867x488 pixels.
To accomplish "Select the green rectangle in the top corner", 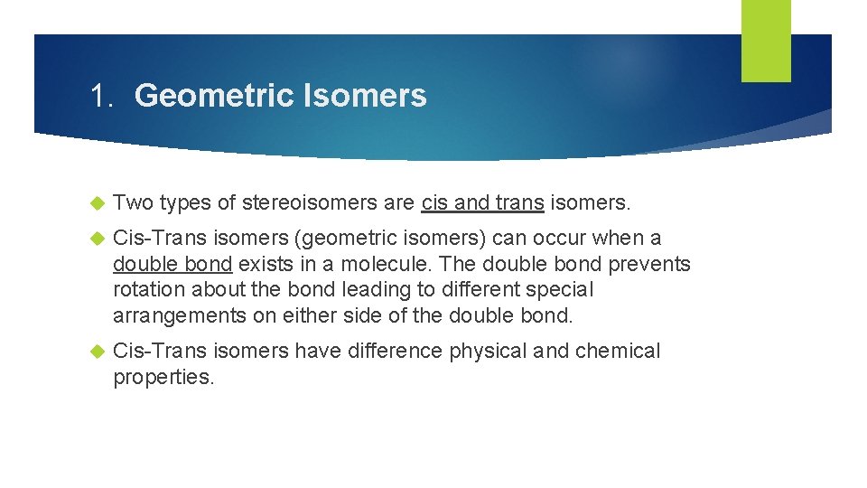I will [x=765, y=40].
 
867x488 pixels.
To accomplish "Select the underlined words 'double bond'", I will [x=172, y=265].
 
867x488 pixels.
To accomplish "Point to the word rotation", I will [x=148, y=290].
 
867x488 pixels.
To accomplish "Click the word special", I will [x=561, y=290].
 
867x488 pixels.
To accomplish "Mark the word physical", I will [x=489, y=351].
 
